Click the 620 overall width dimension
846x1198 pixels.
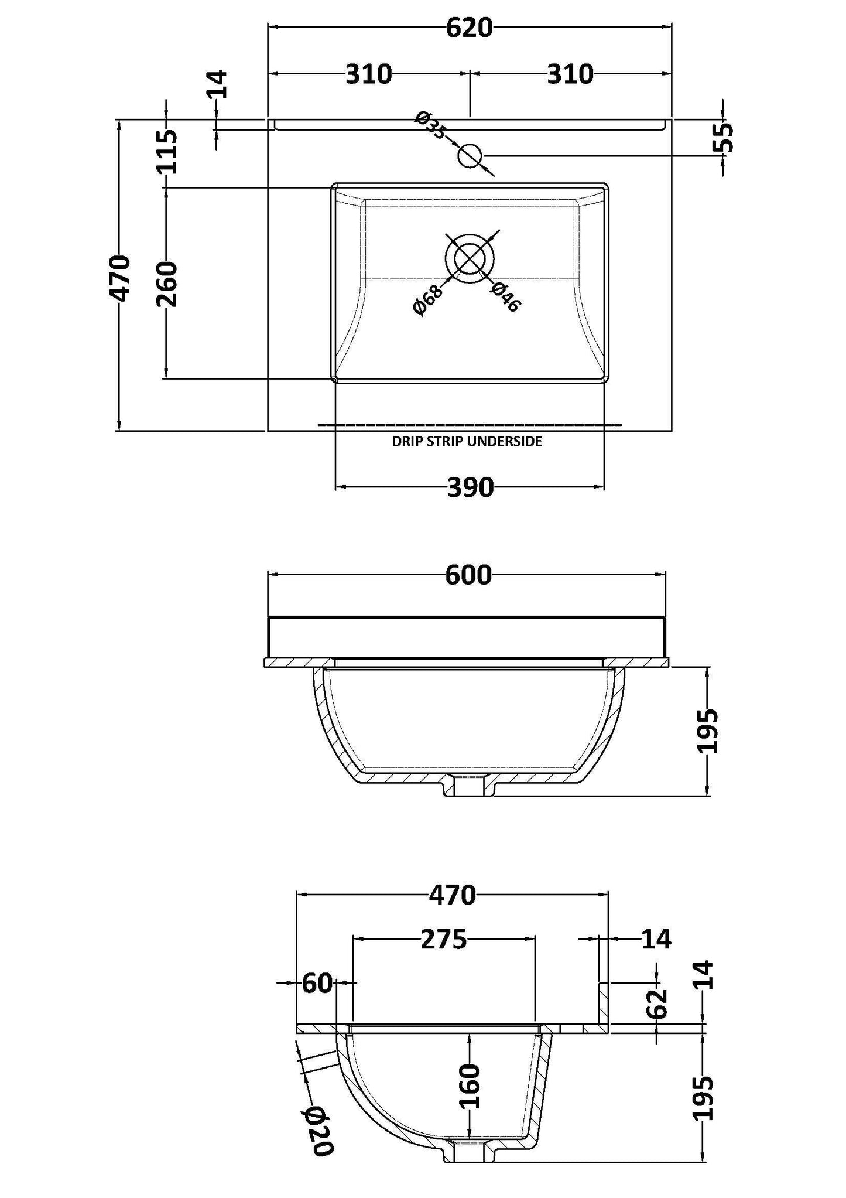coord(469,28)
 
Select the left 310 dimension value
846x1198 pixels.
coord(368,74)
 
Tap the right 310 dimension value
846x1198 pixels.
coord(570,74)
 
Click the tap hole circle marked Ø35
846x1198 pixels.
coord(470,156)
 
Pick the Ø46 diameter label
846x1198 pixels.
coord(505,296)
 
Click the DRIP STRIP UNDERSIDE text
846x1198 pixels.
coord(467,442)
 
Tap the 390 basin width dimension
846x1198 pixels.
coord(470,487)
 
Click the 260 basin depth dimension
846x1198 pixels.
coord(167,284)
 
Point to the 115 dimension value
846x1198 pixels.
coord(167,152)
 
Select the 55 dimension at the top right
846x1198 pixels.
coord(724,138)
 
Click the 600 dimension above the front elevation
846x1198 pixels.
coord(468,575)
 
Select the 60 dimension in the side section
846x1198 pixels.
coord(317,983)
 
